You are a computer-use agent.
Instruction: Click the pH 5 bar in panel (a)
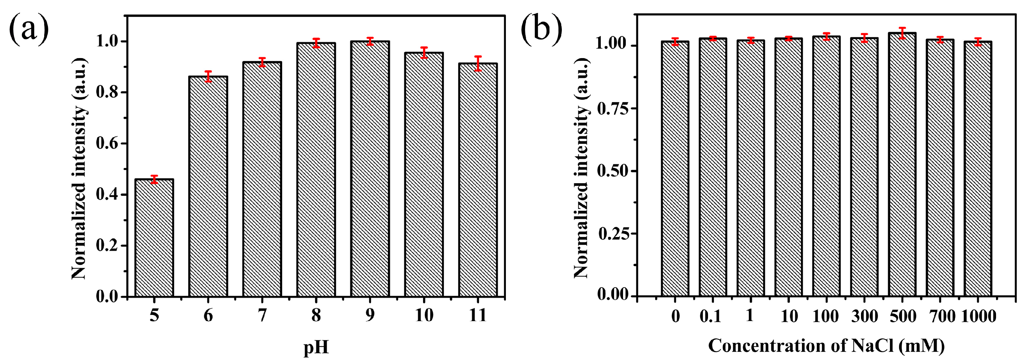pyautogui.click(x=154, y=238)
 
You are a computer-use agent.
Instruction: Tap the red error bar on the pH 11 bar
pyautogui.click(x=478, y=64)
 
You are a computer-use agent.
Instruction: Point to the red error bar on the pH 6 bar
pyautogui.click(x=208, y=76)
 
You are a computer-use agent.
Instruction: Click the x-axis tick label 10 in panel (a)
pyautogui.click(x=424, y=316)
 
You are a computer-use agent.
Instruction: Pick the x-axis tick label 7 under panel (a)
pyautogui.click(x=262, y=316)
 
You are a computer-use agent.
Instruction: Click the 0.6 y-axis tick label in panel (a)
pyautogui.click(x=107, y=143)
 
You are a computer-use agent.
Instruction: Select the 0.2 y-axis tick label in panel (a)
pyautogui.click(x=107, y=246)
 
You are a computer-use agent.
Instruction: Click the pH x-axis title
pyautogui.click(x=316, y=347)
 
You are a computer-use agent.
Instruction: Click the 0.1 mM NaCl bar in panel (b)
pyautogui.click(x=713, y=167)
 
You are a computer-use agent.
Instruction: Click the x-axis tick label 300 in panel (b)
pyautogui.click(x=864, y=316)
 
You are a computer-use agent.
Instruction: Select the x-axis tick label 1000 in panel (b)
pyautogui.click(x=979, y=316)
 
